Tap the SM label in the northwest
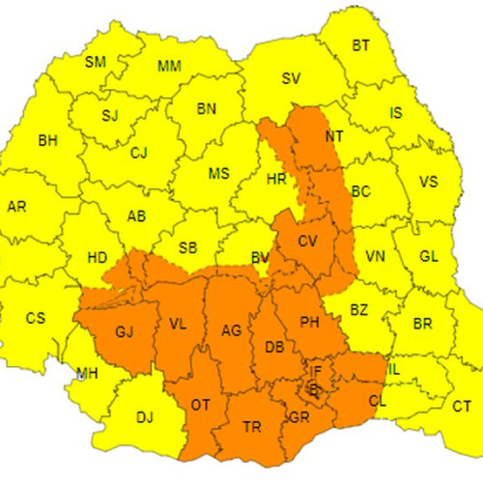(96, 62)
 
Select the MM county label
(169, 67)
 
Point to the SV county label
(291, 79)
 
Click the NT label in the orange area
(334, 136)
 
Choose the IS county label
(395, 113)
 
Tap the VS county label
(428, 182)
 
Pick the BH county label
(47, 141)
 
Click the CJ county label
(139, 153)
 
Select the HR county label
(275, 179)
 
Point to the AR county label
(16, 207)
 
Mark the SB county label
(188, 248)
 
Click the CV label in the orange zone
(308, 241)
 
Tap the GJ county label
(125, 332)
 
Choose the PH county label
(309, 322)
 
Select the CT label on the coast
(462, 407)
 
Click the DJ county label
(145, 417)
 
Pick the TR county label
(251, 426)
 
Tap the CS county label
(36, 318)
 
